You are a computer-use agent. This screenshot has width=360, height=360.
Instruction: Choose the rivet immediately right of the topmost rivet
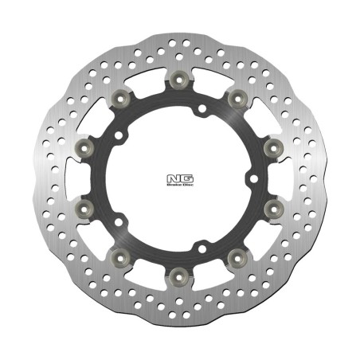(236, 97)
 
